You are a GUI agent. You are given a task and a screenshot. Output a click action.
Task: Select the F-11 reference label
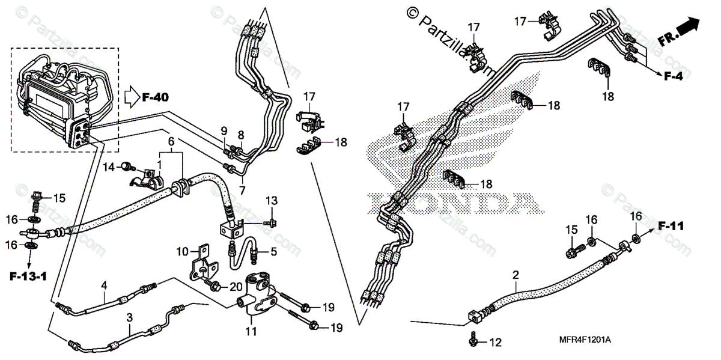pyautogui.click(x=671, y=227)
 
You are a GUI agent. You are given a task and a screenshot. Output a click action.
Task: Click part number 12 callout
pyautogui.click(x=494, y=343)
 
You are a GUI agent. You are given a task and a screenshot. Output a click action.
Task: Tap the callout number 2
pyautogui.click(x=516, y=275)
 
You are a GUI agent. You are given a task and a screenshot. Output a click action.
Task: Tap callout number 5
pyautogui.click(x=273, y=252)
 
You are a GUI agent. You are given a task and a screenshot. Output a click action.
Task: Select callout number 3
pyautogui.click(x=129, y=317)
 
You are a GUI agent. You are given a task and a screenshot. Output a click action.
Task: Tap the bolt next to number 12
pyautogui.click(x=473, y=341)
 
